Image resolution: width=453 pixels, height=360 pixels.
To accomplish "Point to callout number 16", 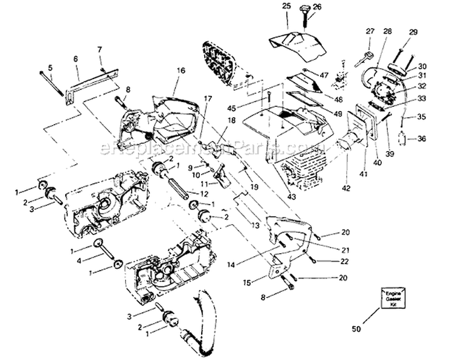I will (180, 71).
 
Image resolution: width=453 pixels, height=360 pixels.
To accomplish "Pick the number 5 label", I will (51, 68).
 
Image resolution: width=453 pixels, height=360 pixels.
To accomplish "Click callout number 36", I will (421, 138).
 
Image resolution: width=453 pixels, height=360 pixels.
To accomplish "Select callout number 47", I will (324, 75).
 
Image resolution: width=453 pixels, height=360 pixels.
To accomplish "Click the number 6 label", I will (76, 59).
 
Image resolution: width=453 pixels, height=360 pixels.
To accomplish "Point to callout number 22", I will (345, 261).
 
